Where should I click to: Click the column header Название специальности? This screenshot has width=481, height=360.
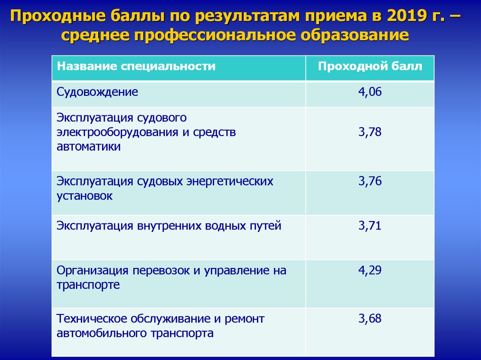pyautogui.click(x=136, y=66)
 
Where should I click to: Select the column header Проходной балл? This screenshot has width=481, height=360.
pyautogui.click(x=370, y=66)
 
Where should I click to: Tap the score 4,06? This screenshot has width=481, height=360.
pyautogui.click(x=370, y=92)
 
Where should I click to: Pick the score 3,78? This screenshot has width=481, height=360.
pyautogui.click(x=370, y=132)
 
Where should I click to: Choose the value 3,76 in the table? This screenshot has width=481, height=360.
pyautogui.click(x=370, y=181)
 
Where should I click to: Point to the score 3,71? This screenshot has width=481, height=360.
pyautogui.click(x=370, y=226)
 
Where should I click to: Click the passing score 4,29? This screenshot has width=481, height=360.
pyautogui.click(x=370, y=270)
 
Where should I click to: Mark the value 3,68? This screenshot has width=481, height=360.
pyautogui.click(x=370, y=318)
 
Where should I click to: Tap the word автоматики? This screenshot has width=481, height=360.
pyautogui.click(x=89, y=146)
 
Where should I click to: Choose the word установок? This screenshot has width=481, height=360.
pyautogui.click(x=85, y=196)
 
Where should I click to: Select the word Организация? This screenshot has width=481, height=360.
pyautogui.click(x=93, y=271)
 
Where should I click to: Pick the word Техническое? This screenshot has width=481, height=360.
pyautogui.click(x=92, y=319)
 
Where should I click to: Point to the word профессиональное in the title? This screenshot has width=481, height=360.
pyautogui.click(x=214, y=35)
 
